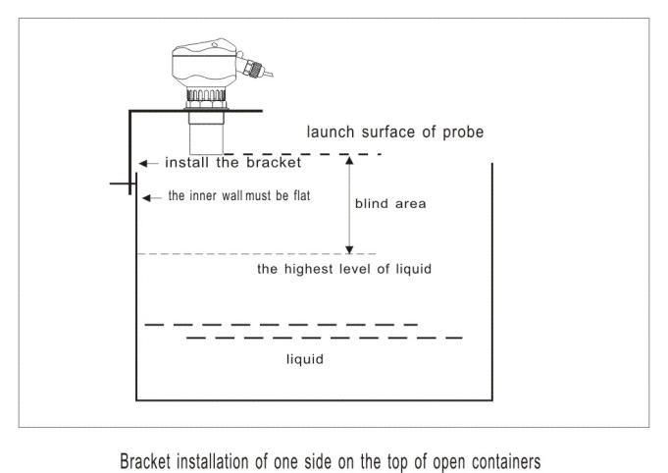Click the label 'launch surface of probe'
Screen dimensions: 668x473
click(395, 132)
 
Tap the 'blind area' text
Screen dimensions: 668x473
click(390, 204)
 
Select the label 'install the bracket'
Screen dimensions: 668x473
click(233, 162)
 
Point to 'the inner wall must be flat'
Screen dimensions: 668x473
click(239, 195)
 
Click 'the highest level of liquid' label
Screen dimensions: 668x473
click(344, 269)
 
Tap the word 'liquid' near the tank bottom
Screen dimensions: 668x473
click(305, 359)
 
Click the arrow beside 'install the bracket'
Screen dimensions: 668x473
click(148, 163)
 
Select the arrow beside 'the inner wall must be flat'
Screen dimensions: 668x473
click(152, 197)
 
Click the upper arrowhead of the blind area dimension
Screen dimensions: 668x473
click(349, 160)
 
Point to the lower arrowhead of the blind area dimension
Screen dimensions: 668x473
click(349, 249)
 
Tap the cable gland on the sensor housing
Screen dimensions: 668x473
click(254, 68)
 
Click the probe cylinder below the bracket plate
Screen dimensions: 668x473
click(206, 132)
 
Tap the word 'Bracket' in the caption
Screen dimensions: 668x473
click(144, 461)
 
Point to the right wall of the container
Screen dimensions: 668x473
click(492, 282)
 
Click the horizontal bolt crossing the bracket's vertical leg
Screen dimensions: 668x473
click(123, 184)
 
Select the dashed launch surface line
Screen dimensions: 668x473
click(302, 154)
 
